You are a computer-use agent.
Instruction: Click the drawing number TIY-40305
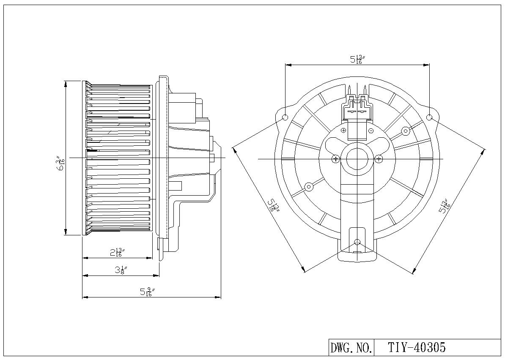[x=417, y=347]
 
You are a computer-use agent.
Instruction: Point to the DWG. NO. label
[x=351, y=348]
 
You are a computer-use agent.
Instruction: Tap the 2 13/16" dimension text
[x=117, y=252]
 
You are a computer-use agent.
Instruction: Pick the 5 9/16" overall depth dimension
[x=147, y=292]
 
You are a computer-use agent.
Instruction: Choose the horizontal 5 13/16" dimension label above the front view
[x=357, y=59]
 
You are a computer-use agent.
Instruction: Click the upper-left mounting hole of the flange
[x=285, y=117]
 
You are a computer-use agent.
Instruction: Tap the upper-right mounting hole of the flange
[x=429, y=117]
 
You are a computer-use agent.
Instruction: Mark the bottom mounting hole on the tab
[x=357, y=242]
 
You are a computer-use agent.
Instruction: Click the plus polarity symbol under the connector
[x=343, y=130]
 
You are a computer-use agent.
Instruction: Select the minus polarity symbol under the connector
[x=371, y=130]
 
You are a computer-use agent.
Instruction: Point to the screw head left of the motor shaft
[x=336, y=159]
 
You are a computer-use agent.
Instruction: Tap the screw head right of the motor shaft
[x=379, y=159]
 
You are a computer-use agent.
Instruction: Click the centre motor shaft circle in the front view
[x=357, y=159]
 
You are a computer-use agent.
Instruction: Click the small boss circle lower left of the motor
[x=309, y=186]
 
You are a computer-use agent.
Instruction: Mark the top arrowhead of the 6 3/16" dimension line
[x=66, y=84]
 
